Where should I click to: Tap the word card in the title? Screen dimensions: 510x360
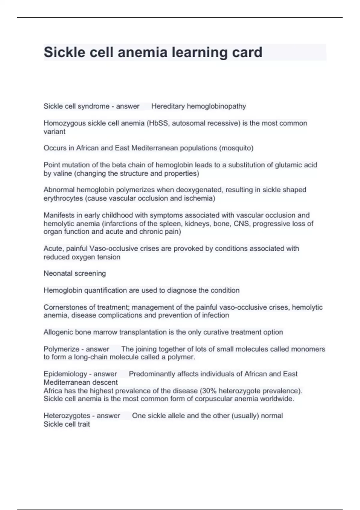coord(247,52)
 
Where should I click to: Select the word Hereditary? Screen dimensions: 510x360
coord(168,106)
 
